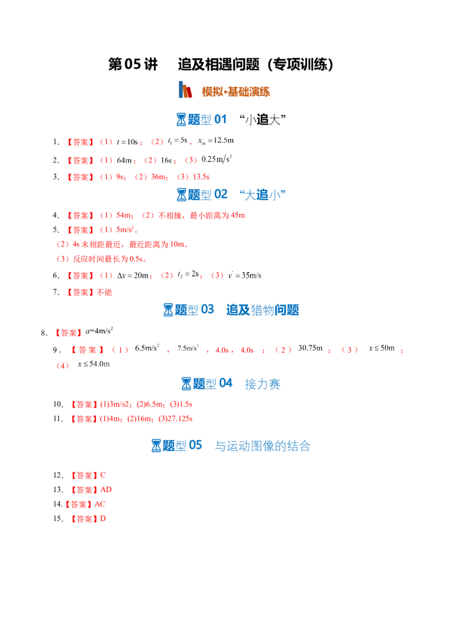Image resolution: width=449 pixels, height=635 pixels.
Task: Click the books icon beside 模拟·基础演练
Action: coord(185,90)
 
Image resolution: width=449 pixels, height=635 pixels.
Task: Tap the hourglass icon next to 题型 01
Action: coord(181,119)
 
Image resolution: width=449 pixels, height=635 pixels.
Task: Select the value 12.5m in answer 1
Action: coord(224,141)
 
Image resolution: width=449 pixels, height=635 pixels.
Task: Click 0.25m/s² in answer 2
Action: coord(217,159)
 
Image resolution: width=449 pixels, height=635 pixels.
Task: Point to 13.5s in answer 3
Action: coord(201,177)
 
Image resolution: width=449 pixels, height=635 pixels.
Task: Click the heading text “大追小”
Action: coord(262,195)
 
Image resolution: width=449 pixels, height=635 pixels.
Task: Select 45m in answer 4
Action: coord(238,215)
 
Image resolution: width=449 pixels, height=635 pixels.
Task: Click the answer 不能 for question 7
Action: coord(104,292)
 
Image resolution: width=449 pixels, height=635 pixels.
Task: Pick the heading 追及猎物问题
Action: coord(263,310)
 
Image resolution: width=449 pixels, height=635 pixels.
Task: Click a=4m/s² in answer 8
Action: coord(99,331)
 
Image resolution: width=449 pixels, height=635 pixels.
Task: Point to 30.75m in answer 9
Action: coord(310,348)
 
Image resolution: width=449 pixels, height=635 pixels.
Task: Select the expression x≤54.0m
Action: coord(94,363)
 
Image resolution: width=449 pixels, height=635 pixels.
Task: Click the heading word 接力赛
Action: coord(263,384)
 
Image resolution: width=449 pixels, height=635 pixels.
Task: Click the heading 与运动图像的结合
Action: coord(263,446)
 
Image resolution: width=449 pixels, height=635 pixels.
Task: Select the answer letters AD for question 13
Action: coord(106,490)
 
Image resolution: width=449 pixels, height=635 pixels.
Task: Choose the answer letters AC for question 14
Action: coord(100,504)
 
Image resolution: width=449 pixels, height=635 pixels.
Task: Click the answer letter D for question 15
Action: coord(103,519)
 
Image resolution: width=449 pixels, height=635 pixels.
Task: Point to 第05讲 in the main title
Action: coord(133,65)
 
